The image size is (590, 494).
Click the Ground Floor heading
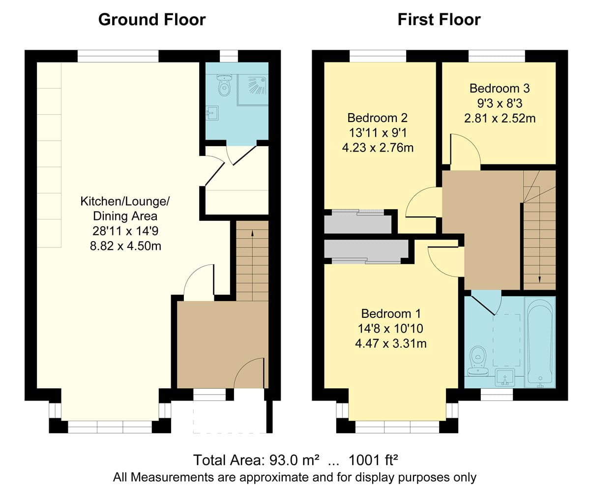(152, 20)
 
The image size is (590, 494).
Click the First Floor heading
(439, 20)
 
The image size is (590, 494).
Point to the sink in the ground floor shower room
(212, 113)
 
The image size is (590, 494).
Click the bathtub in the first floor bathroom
(540, 342)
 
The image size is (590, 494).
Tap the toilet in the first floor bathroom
(478, 361)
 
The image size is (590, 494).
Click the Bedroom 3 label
(500, 89)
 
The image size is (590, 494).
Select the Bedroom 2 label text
(378, 118)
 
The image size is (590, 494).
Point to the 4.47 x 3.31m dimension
(391, 343)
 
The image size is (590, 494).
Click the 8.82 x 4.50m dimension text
(125, 246)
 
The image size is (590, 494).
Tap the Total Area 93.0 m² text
(257, 460)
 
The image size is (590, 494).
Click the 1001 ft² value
(373, 460)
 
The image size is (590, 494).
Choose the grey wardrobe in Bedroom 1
(366, 249)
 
